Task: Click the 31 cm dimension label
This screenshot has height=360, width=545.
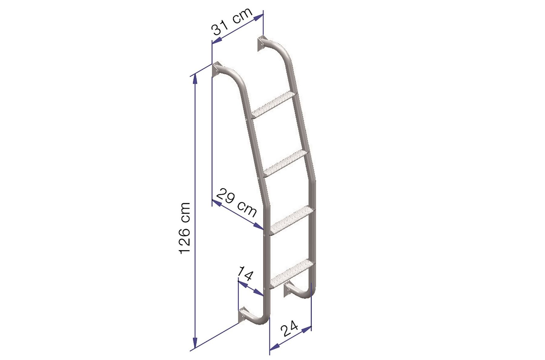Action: click(233, 22)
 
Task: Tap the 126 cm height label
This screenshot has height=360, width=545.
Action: click(185, 228)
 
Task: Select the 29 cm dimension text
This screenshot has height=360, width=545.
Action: click(237, 202)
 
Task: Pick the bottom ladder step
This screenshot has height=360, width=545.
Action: click(292, 273)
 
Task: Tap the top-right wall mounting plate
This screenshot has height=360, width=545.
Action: click(261, 44)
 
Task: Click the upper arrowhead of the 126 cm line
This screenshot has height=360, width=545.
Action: click(195, 79)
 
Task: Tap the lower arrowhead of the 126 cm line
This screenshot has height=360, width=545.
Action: click(195, 343)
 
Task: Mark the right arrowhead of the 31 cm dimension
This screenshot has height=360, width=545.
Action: click(259, 17)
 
